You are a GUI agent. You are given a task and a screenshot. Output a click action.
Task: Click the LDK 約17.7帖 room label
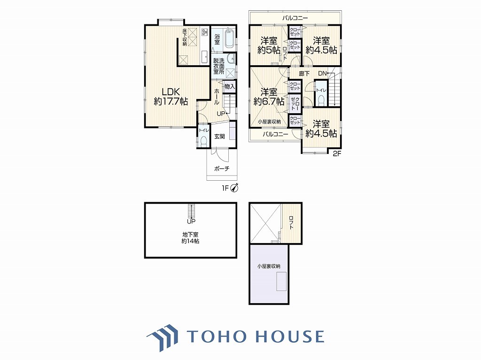(x=171, y=97)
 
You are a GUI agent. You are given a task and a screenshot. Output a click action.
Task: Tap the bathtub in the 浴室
(x=229, y=39)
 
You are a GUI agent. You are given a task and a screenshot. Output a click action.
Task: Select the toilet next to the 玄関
(x=203, y=140)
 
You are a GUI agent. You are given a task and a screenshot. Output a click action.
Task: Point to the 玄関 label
(x=219, y=136)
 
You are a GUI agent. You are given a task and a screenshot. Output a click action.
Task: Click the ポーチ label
(x=222, y=169)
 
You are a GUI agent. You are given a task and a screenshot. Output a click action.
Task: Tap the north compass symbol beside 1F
(x=235, y=187)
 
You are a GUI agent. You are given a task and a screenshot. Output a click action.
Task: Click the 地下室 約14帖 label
(x=190, y=238)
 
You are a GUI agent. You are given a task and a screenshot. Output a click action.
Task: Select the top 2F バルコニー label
(x=295, y=18)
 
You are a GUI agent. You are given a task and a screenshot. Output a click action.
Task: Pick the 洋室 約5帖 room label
(x=269, y=46)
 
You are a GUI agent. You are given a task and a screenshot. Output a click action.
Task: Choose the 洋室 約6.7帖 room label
(x=269, y=97)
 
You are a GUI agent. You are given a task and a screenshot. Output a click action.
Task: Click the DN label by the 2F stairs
(x=322, y=74)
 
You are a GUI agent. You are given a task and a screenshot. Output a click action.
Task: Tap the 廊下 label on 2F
(x=304, y=74)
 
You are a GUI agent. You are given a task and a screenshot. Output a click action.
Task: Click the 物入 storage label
(x=229, y=87)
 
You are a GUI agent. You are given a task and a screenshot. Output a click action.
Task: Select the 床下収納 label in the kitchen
(x=184, y=37)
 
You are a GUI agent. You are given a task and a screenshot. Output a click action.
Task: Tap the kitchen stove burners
(x=204, y=32)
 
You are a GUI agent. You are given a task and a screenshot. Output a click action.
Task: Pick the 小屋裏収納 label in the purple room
(x=269, y=266)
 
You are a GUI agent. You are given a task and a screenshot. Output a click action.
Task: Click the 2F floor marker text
(x=337, y=154)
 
